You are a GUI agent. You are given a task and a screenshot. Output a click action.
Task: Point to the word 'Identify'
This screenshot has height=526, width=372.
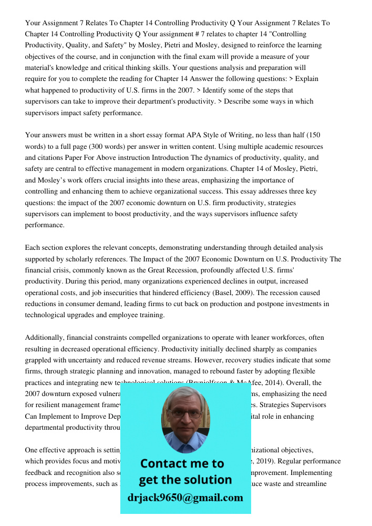tap(215, 90)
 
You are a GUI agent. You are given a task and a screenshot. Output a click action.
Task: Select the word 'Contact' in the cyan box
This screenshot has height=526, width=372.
tap(163, 463)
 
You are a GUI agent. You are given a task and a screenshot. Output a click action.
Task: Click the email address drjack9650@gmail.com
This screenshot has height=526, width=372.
tap(185, 498)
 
